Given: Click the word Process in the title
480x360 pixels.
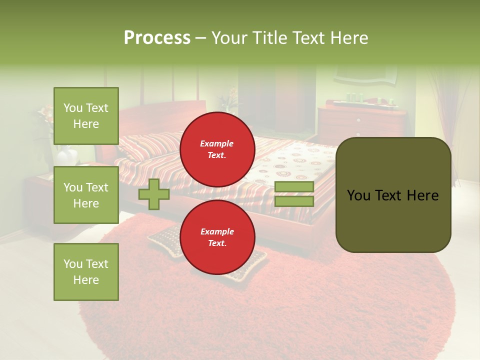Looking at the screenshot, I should (x=157, y=38).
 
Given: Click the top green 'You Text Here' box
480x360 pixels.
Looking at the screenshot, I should (x=86, y=116).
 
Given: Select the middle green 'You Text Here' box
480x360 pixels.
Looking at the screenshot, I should (x=86, y=195).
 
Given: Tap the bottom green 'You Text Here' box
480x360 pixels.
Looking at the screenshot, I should (x=86, y=271).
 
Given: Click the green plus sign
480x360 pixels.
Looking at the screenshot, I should (x=154, y=194).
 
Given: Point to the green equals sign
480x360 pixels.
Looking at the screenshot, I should (x=294, y=194).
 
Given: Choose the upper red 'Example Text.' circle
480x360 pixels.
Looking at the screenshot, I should (x=217, y=149).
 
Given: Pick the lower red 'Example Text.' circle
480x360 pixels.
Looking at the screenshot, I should (x=217, y=237).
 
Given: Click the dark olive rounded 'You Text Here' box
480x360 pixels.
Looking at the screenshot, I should (x=393, y=195).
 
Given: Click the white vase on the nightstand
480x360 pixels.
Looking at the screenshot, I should (x=66, y=156).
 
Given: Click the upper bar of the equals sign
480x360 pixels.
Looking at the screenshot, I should (x=294, y=186).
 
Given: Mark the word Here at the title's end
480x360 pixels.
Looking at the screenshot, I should (x=349, y=38).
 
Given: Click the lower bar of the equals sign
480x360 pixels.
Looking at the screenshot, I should (x=294, y=201).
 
